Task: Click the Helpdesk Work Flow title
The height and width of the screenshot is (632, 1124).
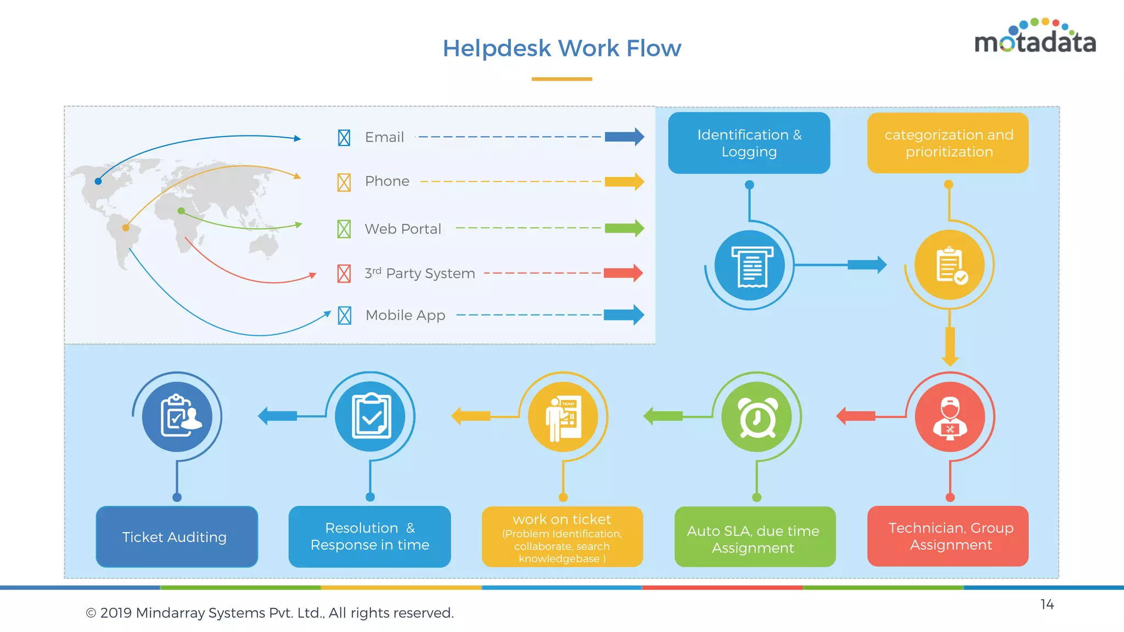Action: click(x=561, y=48)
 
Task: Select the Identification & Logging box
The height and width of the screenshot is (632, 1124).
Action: click(x=749, y=143)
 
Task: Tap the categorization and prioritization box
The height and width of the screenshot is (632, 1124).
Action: click(x=948, y=143)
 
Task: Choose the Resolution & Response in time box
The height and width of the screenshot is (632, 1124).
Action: click(x=369, y=537)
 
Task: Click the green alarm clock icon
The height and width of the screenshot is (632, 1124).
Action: click(x=756, y=417)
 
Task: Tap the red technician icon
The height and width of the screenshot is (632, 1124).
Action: click(x=949, y=417)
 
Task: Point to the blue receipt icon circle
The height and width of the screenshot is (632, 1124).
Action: click(x=750, y=266)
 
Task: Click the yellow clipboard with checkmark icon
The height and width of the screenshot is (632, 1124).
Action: click(x=949, y=265)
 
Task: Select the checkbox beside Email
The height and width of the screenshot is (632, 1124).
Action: click(x=344, y=138)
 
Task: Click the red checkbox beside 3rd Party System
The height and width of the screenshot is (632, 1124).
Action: click(x=344, y=273)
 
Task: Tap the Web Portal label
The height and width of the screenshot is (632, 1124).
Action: click(x=403, y=229)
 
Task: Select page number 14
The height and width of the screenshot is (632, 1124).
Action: click(x=1047, y=605)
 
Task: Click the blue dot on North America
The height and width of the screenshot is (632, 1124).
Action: click(x=98, y=181)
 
